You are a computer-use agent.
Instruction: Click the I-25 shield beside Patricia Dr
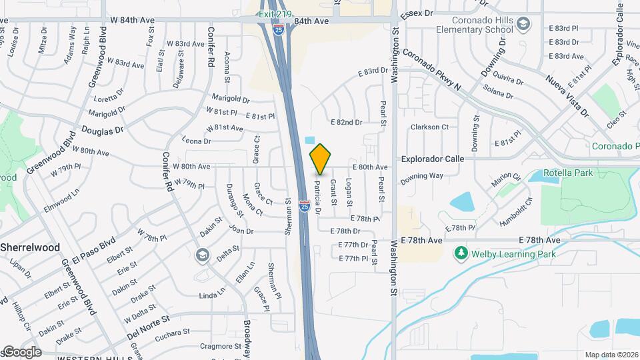point(304,206)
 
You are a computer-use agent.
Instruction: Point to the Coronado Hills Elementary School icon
point(524,24)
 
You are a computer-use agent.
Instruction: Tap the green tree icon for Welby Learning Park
point(459,253)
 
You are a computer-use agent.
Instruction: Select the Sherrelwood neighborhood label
point(39,247)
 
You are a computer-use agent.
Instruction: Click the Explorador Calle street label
point(432,159)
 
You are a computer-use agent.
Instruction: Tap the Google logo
point(21,352)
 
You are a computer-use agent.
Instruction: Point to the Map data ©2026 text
point(611,355)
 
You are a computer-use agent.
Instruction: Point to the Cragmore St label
point(220,346)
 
